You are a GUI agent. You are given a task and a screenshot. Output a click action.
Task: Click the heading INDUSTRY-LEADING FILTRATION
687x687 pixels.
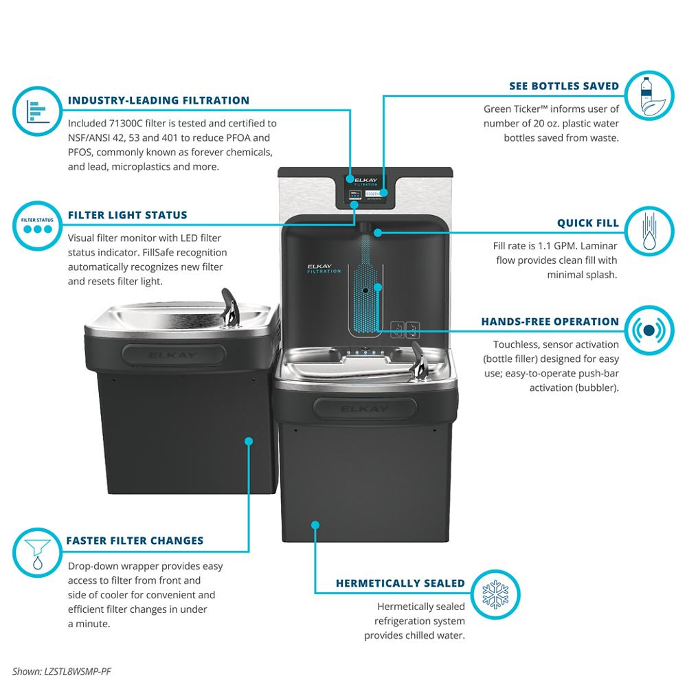click(x=159, y=100)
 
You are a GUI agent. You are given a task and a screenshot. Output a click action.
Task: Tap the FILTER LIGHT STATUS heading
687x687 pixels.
click(x=127, y=215)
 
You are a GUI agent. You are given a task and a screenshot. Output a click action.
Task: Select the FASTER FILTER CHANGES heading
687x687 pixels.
click(x=135, y=541)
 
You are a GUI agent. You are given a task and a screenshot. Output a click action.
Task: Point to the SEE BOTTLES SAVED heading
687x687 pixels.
click(x=564, y=87)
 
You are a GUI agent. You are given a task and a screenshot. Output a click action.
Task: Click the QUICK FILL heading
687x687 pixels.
click(x=587, y=223)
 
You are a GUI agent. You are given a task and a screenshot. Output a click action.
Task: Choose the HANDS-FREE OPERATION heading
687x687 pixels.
click(x=550, y=322)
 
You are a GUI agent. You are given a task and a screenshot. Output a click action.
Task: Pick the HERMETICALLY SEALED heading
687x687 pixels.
click(x=401, y=583)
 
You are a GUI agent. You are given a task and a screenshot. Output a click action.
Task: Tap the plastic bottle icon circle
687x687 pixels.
click(x=648, y=96)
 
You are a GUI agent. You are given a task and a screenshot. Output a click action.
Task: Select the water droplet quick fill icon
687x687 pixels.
click(x=648, y=231)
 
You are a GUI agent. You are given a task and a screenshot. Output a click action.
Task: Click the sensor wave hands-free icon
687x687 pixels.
click(x=648, y=330)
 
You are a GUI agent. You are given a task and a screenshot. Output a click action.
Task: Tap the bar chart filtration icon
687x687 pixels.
click(x=37, y=110)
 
